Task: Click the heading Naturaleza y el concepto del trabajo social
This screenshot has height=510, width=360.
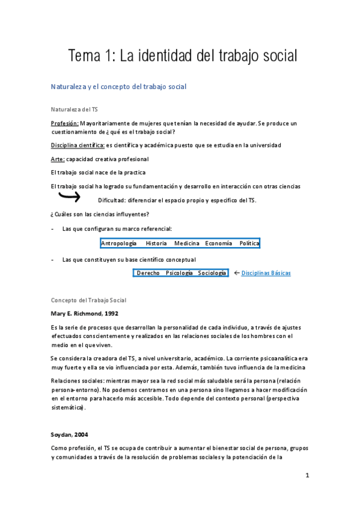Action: tap(119, 87)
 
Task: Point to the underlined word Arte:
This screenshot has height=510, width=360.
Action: tap(58, 159)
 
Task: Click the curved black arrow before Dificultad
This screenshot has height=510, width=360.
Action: tap(70, 196)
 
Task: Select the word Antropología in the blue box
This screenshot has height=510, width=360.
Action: tap(118, 244)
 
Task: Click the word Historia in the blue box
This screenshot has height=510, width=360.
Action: tap(156, 244)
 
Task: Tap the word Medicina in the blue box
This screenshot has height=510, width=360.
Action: tap(187, 244)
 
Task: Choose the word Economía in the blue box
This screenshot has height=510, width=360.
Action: tap(218, 244)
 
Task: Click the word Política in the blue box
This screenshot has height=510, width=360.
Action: tap(249, 244)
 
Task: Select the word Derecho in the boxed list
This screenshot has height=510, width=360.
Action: tap(148, 273)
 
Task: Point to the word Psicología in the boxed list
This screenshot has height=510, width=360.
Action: tap(179, 273)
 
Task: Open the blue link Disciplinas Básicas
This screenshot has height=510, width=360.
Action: tap(266, 273)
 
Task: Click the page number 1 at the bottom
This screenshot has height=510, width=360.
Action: tap(307, 475)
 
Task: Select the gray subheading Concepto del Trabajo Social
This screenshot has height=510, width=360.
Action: tap(88, 300)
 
